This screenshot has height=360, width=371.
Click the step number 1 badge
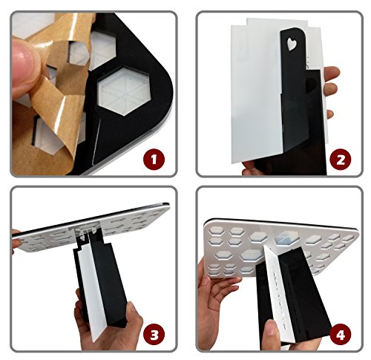(154, 159)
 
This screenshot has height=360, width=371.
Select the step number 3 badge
(154, 336)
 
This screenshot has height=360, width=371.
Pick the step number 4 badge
(341, 336)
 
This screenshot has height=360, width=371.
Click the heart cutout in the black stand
(292, 45)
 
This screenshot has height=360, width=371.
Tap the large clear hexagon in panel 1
(122, 91)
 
